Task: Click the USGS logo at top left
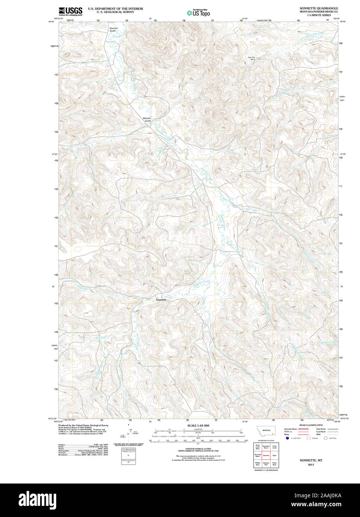[70, 12]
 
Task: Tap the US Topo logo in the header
[198, 13]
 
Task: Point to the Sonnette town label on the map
[161, 300]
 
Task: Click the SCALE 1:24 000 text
[198, 425]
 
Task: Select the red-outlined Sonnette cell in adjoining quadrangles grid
[266, 455]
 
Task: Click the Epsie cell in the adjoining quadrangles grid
[274, 455]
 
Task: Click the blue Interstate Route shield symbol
[287, 439]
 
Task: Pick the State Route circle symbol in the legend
[325, 439]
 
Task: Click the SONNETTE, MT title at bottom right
[311, 460]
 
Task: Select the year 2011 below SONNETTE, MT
[311, 465]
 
